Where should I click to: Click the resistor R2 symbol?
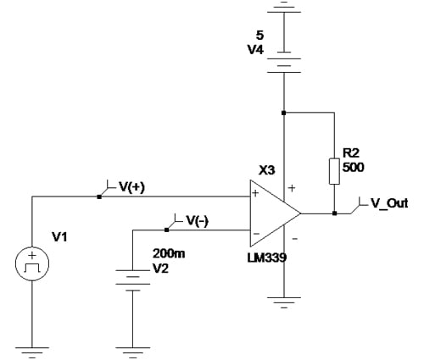point(336,169)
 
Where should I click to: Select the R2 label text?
point(351,153)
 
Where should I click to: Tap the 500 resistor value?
point(353,167)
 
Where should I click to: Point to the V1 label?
point(59,237)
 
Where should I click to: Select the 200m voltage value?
point(166,253)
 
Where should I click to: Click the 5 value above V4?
point(259,36)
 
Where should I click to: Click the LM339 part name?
point(268,257)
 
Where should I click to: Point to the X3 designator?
point(266,169)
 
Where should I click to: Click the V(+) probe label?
point(130,187)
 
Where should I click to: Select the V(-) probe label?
point(196,220)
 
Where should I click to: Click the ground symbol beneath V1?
point(31,349)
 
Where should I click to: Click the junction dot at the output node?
point(336,213)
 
